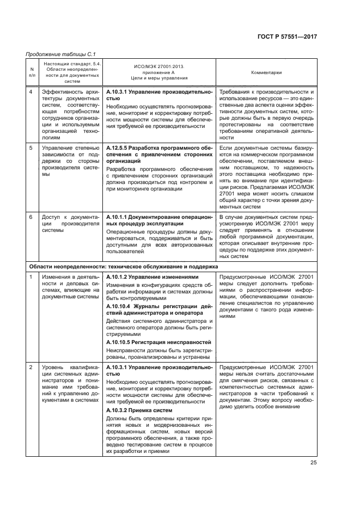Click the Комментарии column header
pyautogui.click(x=266, y=72)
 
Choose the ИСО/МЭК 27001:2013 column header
pyautogui.click(x=159, y=72)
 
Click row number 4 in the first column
pyautogui.click(x=31, y=92)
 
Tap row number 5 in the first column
pyautogui.click(x=31, y=148)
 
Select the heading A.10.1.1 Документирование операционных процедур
pyautogui.click(x=159, y=220)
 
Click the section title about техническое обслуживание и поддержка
pyautogui.click(x=123, y=267)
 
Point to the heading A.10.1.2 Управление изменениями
pyautogui.click(x=152, y=277)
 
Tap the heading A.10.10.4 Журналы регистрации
pyautogui.click(x=159, y=309)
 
